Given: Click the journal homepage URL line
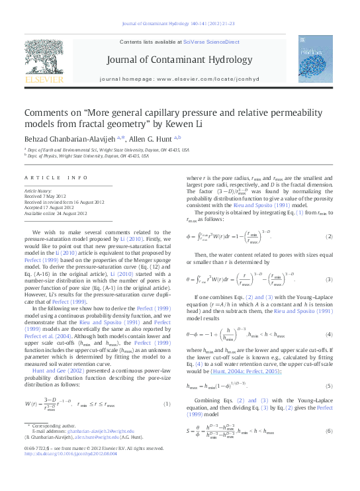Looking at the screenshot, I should tap(179, 79).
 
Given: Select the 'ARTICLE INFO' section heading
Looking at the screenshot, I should tap(56, 178).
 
